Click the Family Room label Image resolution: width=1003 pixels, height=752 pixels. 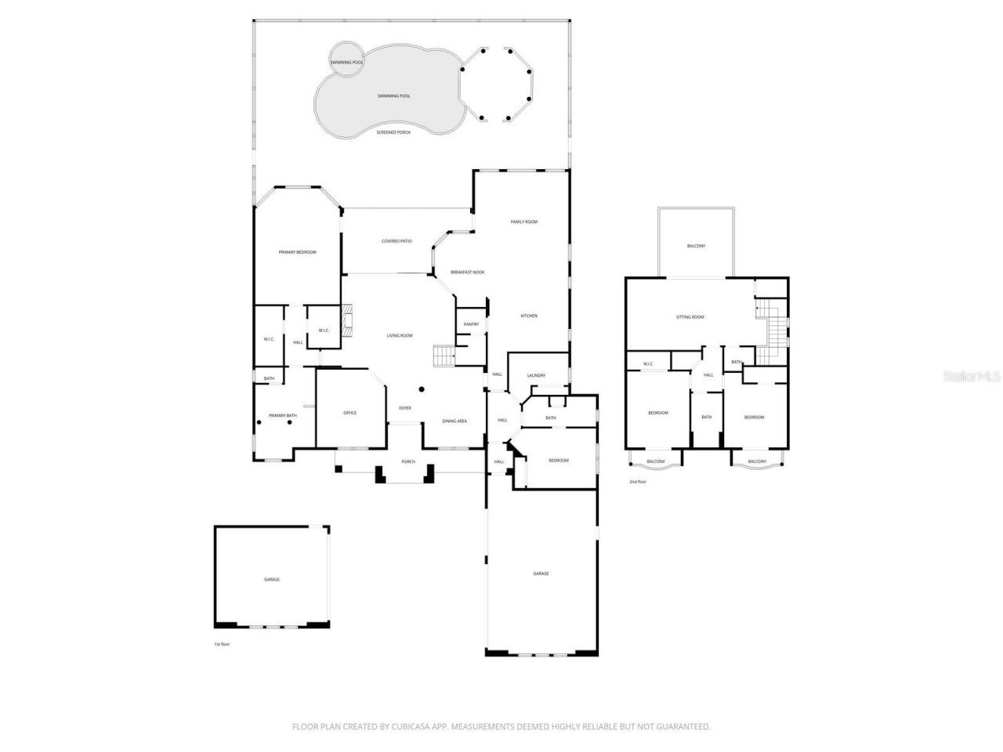(524, 222)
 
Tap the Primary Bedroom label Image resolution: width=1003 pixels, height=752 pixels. (298, 251)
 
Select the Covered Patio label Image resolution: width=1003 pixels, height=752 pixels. (396, 241)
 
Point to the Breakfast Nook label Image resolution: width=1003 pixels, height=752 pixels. (467, 272)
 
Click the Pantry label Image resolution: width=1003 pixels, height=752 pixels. (471, 324)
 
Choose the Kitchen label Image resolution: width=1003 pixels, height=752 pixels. (529, 316)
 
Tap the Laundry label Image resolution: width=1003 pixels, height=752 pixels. (536, 376)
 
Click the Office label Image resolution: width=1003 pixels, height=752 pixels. (349, 413)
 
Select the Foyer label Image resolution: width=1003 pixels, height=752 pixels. (405, 408)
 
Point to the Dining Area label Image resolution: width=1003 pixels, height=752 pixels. (454, 421)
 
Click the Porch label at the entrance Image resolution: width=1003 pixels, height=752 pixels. (407, 462)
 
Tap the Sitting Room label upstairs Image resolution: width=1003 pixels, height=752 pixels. (690, 317)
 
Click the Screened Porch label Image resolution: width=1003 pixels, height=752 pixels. (393, 132)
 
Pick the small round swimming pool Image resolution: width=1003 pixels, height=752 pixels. (346, 60)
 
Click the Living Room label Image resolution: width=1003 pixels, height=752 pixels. (400, 335)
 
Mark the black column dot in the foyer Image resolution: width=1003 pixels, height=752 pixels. (422, 389)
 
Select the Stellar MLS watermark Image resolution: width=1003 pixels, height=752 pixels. (971, 376)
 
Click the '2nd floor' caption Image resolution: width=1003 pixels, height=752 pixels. (638, 482)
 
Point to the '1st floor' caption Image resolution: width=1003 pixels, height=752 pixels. (223, 644)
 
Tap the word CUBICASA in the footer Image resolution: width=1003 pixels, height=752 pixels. (411, 727)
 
